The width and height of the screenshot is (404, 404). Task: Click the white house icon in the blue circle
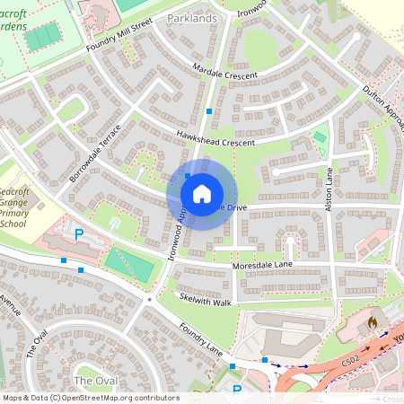[x=202, y=193]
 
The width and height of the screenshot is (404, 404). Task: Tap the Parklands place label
[x=193, y=18]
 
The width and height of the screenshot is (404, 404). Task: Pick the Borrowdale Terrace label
[x=94, y=154]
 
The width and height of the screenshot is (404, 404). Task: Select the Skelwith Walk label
[x=205, y=301]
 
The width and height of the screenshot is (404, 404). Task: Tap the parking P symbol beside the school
[x=78, y=233]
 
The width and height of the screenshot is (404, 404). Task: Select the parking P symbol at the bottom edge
[x=237, y=391]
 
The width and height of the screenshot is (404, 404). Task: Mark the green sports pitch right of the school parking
[x=129, y=264]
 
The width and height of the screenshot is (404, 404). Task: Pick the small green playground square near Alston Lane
[x=320, y=137]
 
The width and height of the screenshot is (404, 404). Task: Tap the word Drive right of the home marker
[x=231, y=208]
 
